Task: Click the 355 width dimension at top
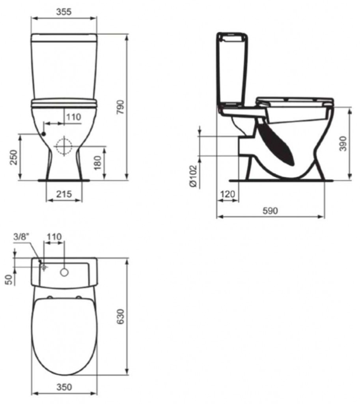point(64,12)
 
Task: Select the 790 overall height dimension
point(121,107)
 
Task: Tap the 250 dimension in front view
point(13,157)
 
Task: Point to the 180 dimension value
point(98,163)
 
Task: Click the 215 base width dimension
point(64,194)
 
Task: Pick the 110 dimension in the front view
point(74,117)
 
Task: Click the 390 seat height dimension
point(343,144)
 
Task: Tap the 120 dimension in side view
point(228,194)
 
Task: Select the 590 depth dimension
point(270,211)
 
